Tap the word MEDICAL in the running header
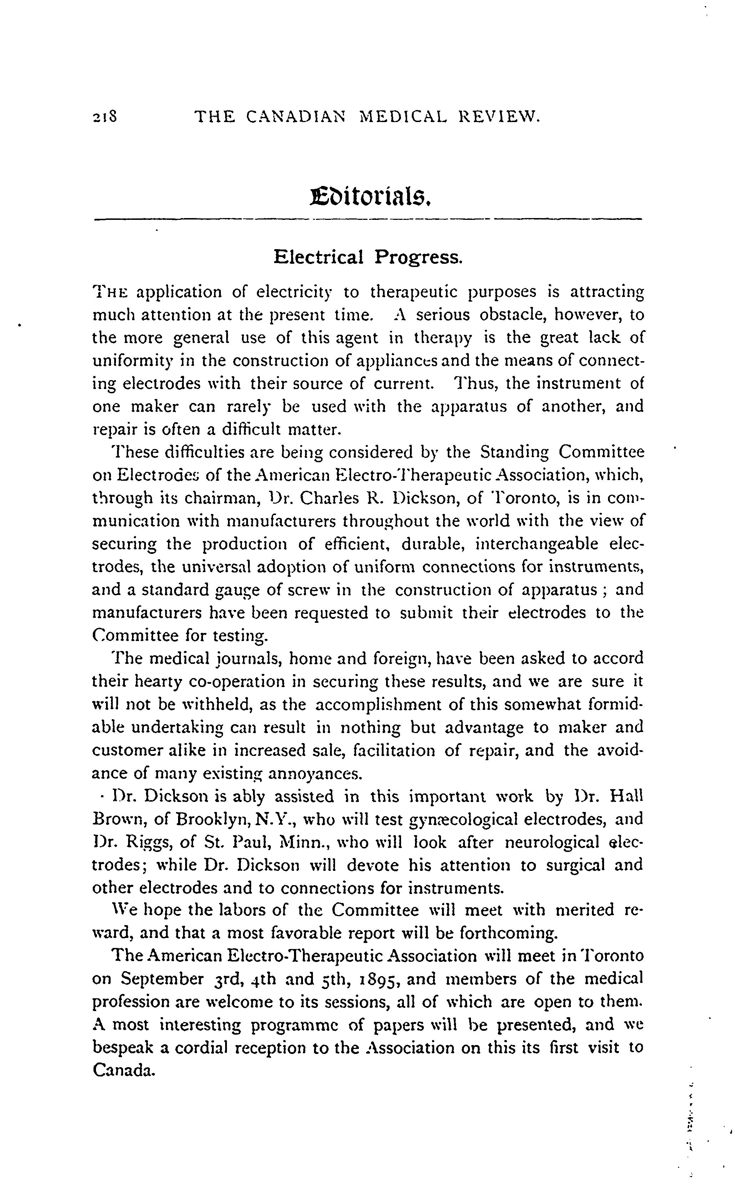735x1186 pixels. pos(402,117)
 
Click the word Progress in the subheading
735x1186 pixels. pos(418,257)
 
